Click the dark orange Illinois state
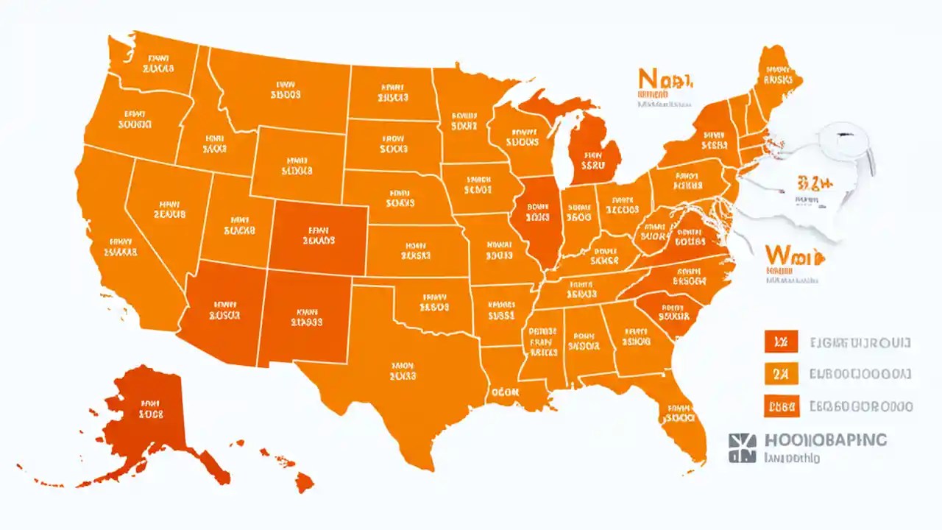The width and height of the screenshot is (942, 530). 537,217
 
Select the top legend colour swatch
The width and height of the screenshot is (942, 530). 781,342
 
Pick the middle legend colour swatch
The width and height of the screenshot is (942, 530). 781,374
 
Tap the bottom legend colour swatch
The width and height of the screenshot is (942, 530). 781,405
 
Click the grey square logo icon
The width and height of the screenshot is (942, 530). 741,447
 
